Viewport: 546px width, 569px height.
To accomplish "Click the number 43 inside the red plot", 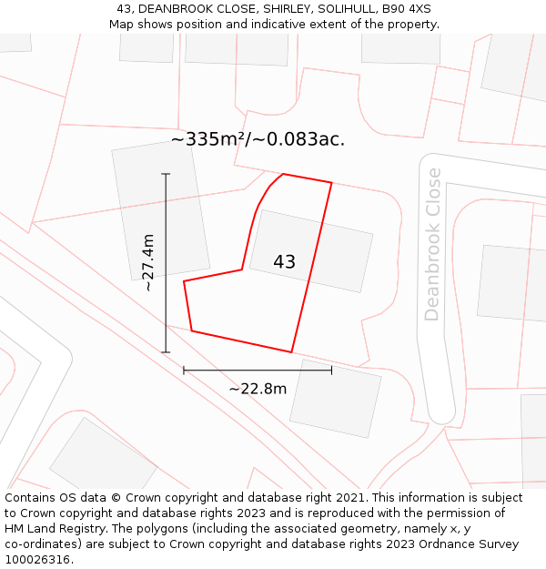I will click(284, 262).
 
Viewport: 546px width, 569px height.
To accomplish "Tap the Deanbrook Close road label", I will click(432, 244).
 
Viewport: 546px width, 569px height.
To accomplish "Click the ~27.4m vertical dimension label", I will click(148, 262).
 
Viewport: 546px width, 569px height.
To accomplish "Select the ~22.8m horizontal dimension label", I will click(258, 389).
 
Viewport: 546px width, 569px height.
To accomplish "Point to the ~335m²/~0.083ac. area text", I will click(258, 139).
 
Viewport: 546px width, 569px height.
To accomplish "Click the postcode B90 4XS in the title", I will click(407, 9).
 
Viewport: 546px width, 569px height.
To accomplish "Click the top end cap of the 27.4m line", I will click(166, 174).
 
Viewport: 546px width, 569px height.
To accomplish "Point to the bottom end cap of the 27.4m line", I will click(166, 351).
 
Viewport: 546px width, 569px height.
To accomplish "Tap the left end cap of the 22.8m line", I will click(184, 371).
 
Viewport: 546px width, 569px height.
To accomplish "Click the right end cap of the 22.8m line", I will click(331, 371).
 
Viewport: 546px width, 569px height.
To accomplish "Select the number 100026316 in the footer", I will click(37, 560).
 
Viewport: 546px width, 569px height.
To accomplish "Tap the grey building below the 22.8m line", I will click(335, 398).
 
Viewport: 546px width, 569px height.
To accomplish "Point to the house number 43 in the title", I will click(125, 9).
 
